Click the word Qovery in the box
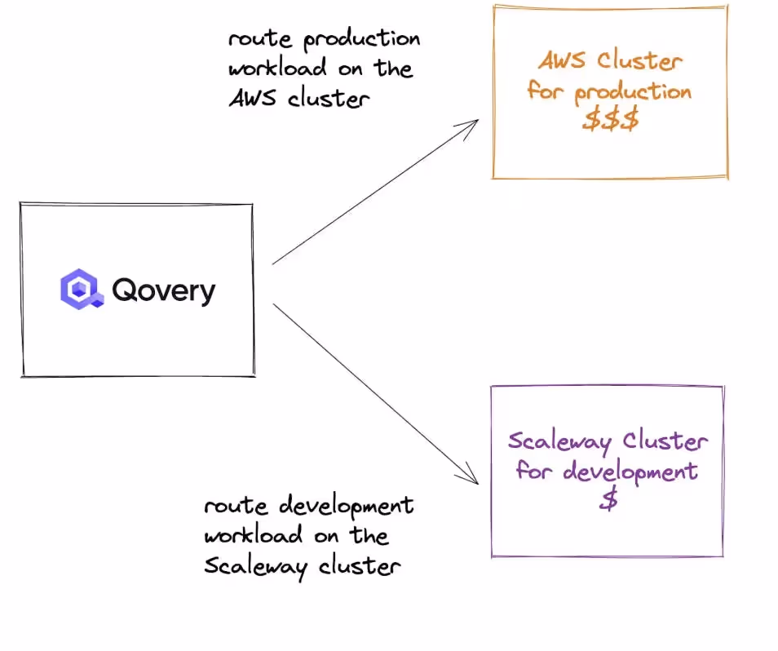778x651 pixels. [164, 290]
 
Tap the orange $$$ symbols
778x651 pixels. [610, 119]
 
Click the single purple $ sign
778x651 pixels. [608, 499]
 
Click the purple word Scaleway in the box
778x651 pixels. [559, 442]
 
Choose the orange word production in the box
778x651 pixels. [633, 91]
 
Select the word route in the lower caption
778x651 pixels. [234, 506]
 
